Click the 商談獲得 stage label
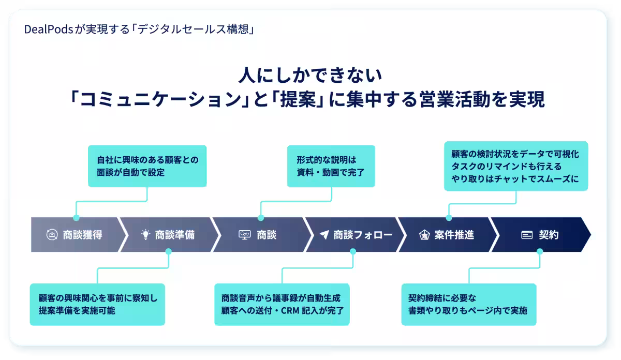click(x=82, y=235)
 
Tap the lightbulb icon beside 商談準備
click(x=145, y=235)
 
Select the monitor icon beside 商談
click(x=245, y=235)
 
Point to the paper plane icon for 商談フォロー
click(x=324, y=235)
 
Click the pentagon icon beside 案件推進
click(x=424, y=235)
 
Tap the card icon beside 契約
click(x=527, y=235)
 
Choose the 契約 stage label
click(x=549, y=235)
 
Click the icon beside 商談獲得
click(x=52, y=235)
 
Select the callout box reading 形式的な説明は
click(x=331, y=166)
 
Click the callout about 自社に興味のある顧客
click(x=147, y=166)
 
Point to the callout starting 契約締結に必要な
click(x=468, y=304)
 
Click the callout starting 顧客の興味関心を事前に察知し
click(x=97, y=304)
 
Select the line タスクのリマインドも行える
click(x=506, y=166)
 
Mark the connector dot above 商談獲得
click(x=77, y=218)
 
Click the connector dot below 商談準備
click(x=168, y=251)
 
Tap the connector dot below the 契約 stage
click(x=540, y=251)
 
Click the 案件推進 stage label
click(x=454, y=235)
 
